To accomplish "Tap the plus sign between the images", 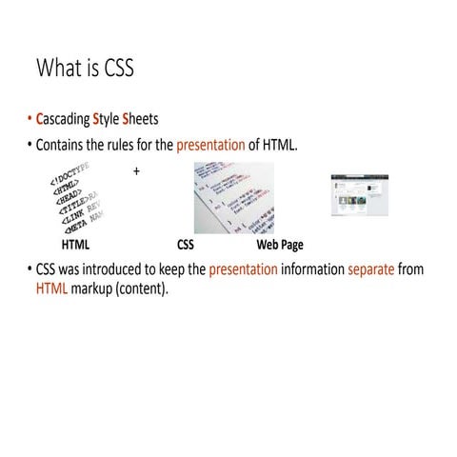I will pos(137,171).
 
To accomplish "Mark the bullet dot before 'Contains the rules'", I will pos(29,147).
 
